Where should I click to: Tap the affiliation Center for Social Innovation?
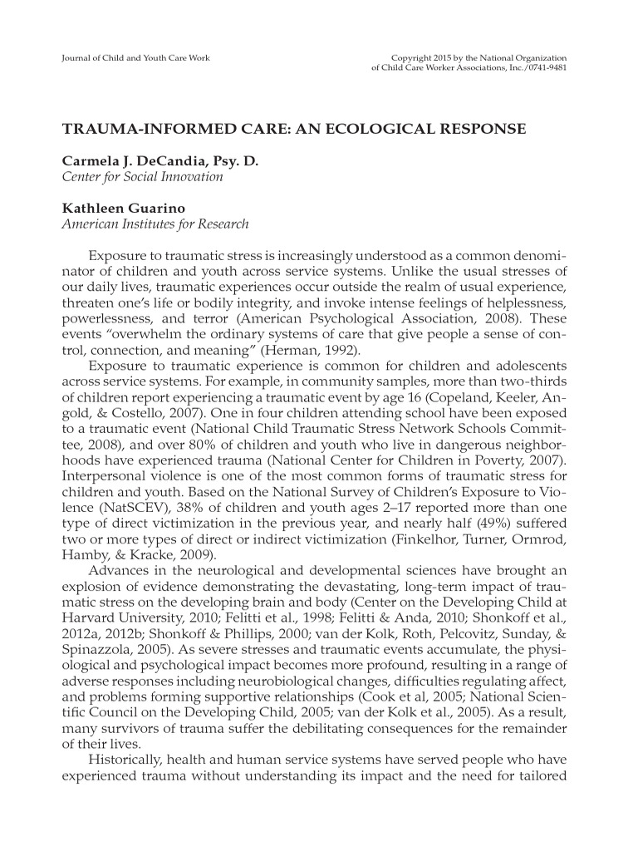coord(142,176)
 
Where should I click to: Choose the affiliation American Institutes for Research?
coord(155,224)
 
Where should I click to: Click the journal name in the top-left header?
coord(135,57)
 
